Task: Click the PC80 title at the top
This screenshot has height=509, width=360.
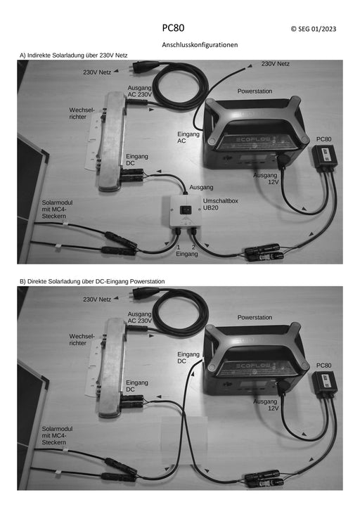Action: coord(173,28)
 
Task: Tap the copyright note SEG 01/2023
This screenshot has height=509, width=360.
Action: coord(314,29)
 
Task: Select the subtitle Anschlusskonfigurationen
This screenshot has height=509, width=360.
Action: coord(200,45)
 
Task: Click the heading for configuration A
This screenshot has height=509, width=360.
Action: coord(73,55)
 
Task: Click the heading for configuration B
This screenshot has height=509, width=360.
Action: coord(92,281)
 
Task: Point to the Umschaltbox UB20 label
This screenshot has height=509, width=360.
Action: coord(220,204)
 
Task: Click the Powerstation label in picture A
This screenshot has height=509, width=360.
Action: coord(255,91)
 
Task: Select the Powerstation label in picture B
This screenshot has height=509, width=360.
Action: coord(255,318)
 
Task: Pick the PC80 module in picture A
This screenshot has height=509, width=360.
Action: coord(325,157)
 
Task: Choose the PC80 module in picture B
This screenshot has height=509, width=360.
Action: coord(325,383)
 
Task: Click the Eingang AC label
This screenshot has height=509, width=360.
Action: coord(188,137)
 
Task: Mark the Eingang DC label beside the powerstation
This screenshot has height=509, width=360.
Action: coord(188,357)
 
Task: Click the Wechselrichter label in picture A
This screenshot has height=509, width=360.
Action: coord(82,113)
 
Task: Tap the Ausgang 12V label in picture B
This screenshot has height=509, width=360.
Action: coord(266,405)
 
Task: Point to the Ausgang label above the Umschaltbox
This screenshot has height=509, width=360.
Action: coord(201,187)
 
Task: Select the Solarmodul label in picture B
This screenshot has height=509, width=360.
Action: coord(57,436)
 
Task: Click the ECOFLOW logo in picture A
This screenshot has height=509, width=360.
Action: coord(252,140)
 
